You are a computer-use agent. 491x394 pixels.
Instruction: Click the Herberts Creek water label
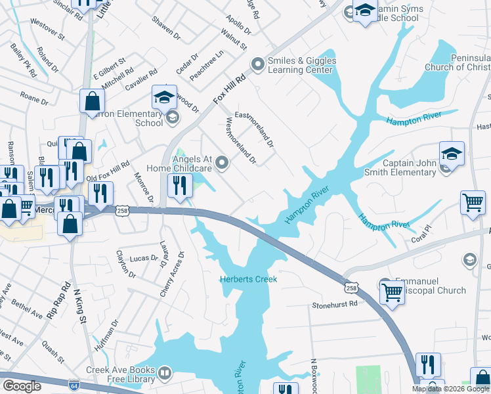click(248, 279)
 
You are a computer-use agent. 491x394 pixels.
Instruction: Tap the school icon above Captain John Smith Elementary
click(452, 154)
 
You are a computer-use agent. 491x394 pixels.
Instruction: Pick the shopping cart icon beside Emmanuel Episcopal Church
click(392, 291)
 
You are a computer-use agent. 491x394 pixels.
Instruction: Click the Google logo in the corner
click(22, 386)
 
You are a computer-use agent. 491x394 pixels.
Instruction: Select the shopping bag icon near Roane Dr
click(92, 101)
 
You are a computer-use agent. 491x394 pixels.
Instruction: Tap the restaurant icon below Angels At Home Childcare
click(179, 185)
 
